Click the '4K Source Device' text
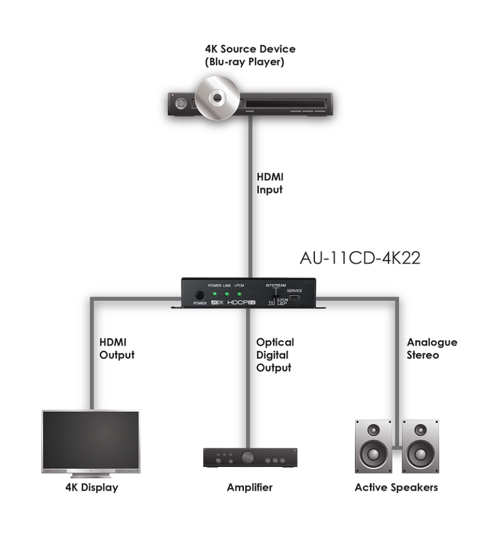click(x=250, y=49)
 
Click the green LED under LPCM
click(x=239, y=293)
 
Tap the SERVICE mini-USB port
click(x=295, y=298)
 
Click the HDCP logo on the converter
click(x=242, y=303)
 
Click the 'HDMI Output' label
click(x=117, y=349)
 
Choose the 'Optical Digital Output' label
click(x=274, y=355)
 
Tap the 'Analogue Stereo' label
click(x=432, y=349)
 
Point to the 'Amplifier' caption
click(x=249, y=487)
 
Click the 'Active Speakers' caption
click(x=396, y=487)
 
